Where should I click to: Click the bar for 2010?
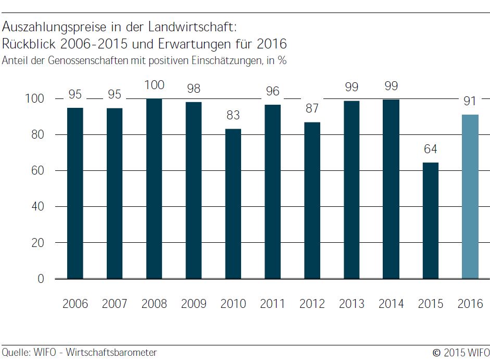[x=233, y=204]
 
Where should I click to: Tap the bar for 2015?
[x=430, y=221]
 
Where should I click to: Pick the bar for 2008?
[x=154, y=189]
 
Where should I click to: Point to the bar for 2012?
[x=312, y=201]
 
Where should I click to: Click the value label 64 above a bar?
[x=430, y=150]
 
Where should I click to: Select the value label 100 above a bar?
[x=154, y=85]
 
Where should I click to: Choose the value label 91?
[x=470, y=101]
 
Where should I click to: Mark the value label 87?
[x=312, y=109]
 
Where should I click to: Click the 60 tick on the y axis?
[x=45, y=171]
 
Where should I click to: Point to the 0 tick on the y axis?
[x=48, y=279]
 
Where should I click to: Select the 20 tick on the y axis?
[x=45, y=243]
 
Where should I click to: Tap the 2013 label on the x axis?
[x=351, y=304]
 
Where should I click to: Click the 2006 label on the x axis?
[x=76, y=304]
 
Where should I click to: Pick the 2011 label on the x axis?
[x=272, y=304]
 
